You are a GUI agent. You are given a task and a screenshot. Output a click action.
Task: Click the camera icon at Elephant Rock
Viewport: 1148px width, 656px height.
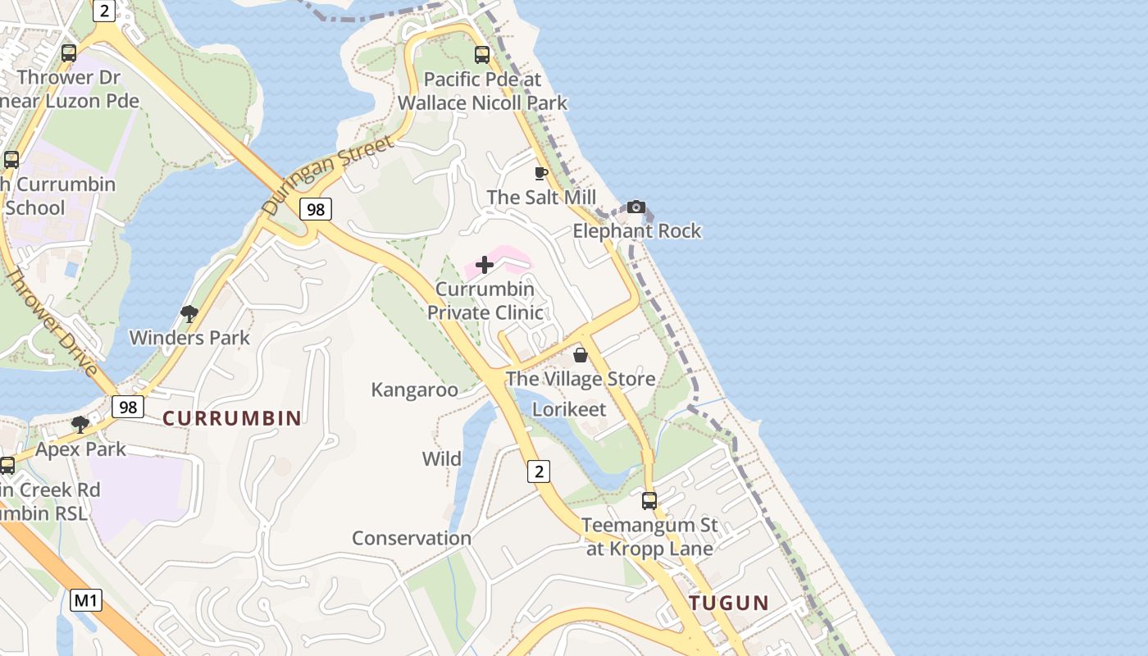point(635,207)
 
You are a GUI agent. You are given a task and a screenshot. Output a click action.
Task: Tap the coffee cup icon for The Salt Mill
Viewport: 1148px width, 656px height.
point(540,173)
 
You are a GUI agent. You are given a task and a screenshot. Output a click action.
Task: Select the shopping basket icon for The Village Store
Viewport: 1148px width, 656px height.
point(581,355)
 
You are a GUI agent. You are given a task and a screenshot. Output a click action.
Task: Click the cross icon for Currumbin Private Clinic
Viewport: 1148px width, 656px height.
point(485,265)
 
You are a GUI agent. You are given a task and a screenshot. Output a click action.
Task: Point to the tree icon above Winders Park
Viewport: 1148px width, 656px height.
point(189,313)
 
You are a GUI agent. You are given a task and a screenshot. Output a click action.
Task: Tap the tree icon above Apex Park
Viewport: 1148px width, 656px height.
point(80,425)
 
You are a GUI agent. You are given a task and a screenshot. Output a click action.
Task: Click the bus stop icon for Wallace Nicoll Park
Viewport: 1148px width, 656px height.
point(482,55)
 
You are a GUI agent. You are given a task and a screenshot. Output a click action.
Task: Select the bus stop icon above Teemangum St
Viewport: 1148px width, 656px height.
point(649,500)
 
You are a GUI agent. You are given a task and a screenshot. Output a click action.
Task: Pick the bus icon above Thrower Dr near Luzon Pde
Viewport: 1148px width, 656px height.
point(69,53)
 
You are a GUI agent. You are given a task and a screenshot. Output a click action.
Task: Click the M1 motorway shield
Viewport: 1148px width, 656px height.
point(86,600)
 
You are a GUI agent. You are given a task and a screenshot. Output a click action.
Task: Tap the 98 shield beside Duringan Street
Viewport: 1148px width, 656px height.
point(316,209)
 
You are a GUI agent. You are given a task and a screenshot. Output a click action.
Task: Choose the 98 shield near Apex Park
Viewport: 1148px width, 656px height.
point(128,407)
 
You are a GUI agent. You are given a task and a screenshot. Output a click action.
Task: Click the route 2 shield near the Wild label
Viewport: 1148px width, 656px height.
point(538,471)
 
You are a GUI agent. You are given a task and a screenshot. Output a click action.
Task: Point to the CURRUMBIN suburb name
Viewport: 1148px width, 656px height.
point(232,418)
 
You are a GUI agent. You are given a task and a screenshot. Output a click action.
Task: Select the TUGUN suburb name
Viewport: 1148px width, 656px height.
point(729,603)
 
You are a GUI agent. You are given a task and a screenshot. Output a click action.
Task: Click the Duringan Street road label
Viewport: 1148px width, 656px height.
point(327,175)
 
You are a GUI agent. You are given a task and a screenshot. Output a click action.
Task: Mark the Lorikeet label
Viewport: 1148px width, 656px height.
point(569,409)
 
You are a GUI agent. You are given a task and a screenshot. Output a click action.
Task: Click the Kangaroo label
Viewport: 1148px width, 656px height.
point(414,389)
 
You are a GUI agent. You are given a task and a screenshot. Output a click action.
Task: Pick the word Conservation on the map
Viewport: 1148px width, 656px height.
point(412,538)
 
